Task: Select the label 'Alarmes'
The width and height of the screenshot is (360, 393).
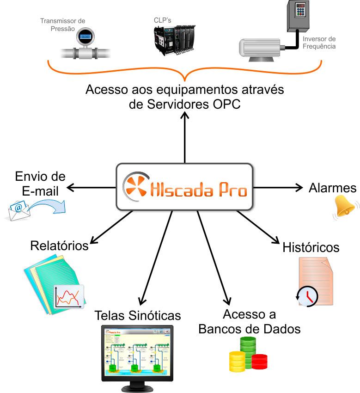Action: pyautogui.click(x=332, y=188)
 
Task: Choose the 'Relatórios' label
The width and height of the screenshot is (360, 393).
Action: pyautogui.click(x=59, y=246)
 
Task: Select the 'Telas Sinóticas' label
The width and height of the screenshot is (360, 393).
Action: pyautogui.click(x=137, y=315)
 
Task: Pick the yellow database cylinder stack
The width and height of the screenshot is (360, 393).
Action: pyautogui.click(x=237, y=361)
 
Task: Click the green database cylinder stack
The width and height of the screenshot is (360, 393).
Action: pyautogui.click(x=248, y=352)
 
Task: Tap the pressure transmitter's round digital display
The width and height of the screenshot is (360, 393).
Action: pyautogui.click(x=85, y=37)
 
